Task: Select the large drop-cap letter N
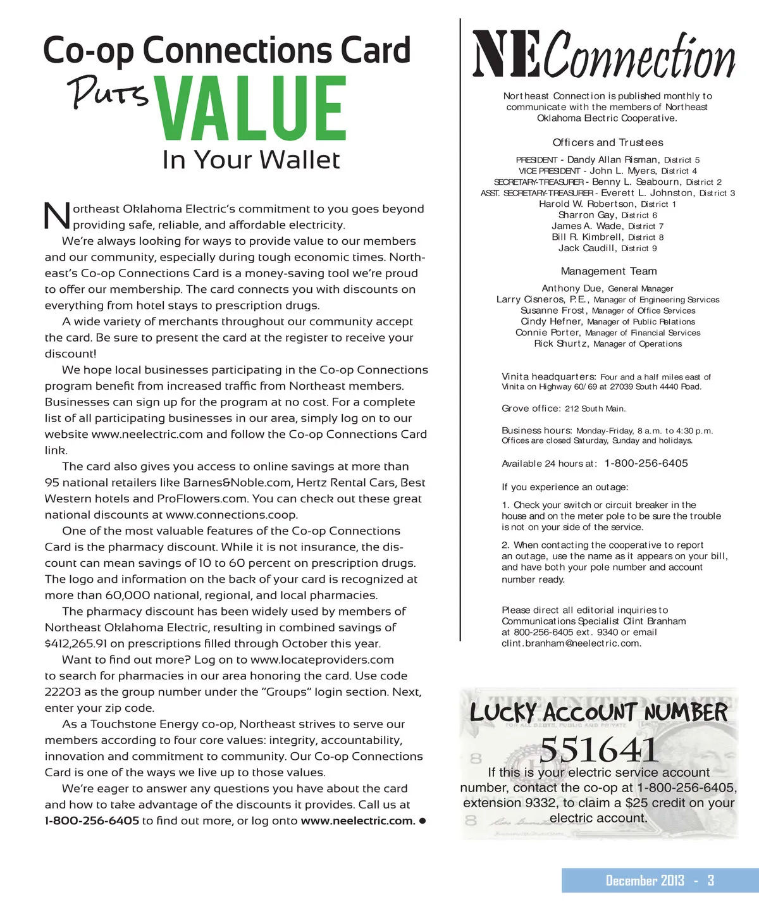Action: (57, 215)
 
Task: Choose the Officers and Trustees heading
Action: (608, 143)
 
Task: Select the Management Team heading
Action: (608, 271)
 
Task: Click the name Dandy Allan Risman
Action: (613, 160)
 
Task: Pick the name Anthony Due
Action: (572, 288)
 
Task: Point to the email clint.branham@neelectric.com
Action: (571, 643)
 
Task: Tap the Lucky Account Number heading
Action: (598, 713)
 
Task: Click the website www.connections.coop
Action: (231, 515)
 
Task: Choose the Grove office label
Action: (531, 409)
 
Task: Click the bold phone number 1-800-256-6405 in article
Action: (92, 821)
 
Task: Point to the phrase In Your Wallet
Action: (251, 160)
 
